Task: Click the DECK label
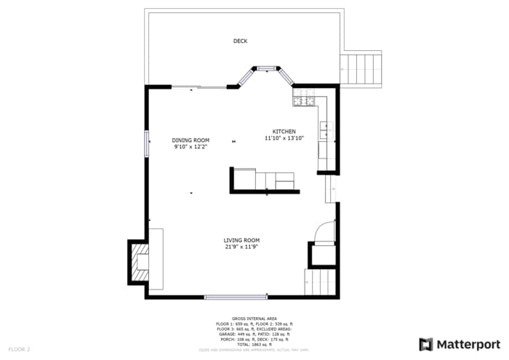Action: click(x=240, y=41)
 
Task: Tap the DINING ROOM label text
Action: click(x=191, y=140)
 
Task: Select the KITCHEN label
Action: click(x=284, y=132)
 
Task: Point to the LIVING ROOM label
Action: click(x=241, y=240)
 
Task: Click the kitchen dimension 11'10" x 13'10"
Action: click(x=284, y=138)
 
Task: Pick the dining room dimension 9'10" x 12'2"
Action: click(x=191, y=147)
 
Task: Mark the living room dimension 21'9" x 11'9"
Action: click(x=241, y=247)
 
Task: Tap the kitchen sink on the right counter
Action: click(x=327, y=132)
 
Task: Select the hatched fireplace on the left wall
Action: click(x=138, y=262)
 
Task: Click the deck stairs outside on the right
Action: click(x=361, y=68)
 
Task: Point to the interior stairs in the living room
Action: click(x=320, y=282)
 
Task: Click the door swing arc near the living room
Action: click(x=322, y=231)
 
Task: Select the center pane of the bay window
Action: click(x=266, y=68)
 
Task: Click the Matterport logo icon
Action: click(x=426, y=344)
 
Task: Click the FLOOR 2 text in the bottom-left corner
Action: click(x=19, y=349)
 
